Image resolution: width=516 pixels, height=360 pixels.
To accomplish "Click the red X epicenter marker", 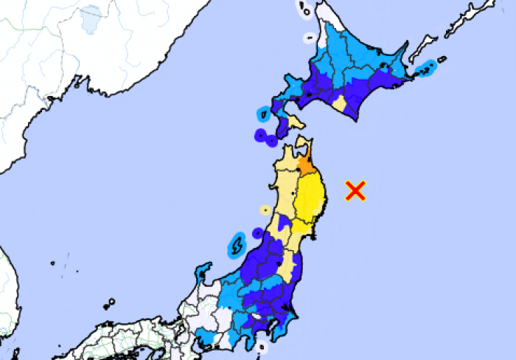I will (356, 190).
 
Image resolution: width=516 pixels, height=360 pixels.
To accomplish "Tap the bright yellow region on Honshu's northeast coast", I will (313, 199).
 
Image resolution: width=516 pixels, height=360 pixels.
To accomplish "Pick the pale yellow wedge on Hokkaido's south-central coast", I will (339, 103).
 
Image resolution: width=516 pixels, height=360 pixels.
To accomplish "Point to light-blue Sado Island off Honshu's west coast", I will (237, 243).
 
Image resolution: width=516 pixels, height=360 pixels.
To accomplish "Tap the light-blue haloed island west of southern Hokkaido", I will (263, 114).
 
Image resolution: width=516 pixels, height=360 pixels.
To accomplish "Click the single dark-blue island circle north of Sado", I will (257, 233).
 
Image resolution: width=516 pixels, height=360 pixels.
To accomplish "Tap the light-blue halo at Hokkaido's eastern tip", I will (427, 69).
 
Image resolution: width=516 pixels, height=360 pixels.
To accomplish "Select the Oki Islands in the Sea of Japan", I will (109, 303).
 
